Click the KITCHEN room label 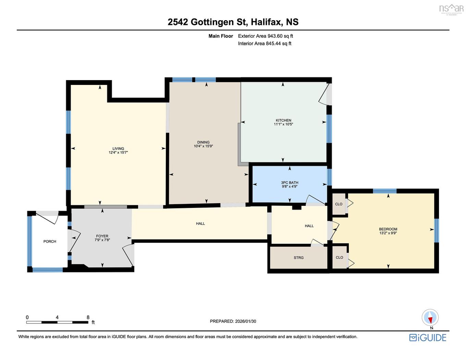point(283,120)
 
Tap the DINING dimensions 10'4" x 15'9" point(203,146)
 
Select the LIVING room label point(118,149)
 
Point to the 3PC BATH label point(290,183)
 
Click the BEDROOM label point(388,229)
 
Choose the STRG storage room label point(298,258)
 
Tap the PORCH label point(50,241)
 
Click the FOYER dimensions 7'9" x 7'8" point(102,240)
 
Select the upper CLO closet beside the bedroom point(339,204)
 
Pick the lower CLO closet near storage point(339,257)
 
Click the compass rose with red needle point(430,318)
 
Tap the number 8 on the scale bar point(88,317)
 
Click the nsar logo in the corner point(451,9)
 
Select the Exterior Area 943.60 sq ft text point(266,36)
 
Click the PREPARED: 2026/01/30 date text point(233,321)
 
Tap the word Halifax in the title point(266,22)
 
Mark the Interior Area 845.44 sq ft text point(265,44)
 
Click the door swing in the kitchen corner point(324,94)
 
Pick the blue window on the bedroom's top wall point(384,191)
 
